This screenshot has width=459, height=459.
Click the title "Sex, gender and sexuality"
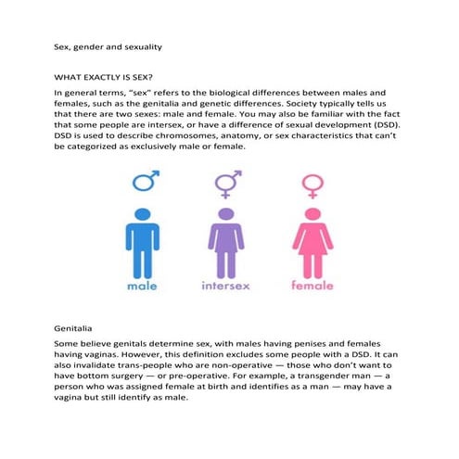coord(101,43)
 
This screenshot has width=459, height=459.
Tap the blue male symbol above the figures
coord(144,181)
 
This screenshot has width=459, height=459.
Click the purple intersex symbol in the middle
coord(227,182)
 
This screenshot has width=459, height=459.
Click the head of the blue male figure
coord(142,214)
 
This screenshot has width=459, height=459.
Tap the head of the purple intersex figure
coord(226,214)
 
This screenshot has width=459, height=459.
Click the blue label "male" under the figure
coord(142,287)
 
